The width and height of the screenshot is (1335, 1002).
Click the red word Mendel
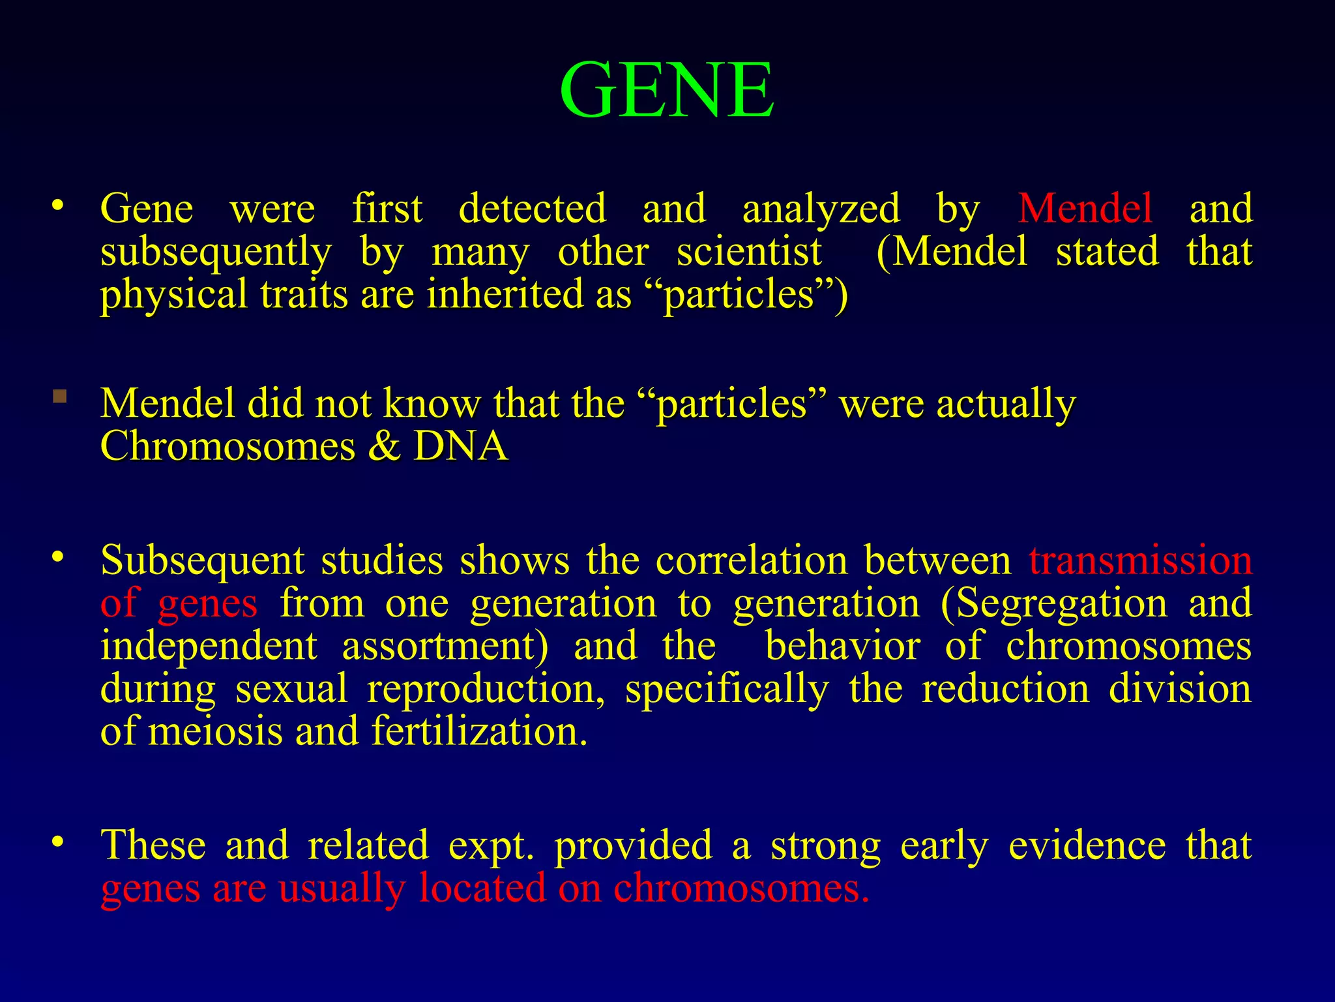[1085, 209]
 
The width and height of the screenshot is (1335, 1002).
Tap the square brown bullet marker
[60, 396]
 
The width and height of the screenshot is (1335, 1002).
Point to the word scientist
[749, 252]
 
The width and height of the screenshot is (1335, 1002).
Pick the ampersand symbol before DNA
[384, 447]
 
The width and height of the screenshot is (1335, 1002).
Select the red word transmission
[1140, 560]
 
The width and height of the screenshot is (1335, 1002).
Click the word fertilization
[479, 731]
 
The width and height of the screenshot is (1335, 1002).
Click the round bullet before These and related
[58, 842]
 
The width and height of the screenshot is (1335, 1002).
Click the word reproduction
[486, 690]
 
